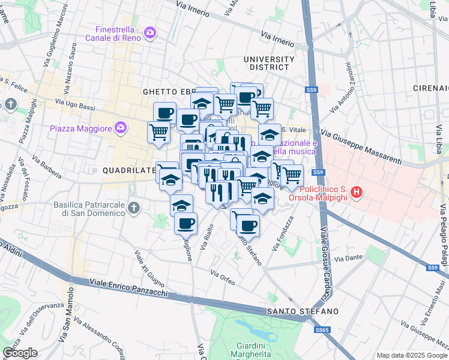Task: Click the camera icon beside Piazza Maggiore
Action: (x=121, y=127)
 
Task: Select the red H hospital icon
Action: (x=357, y=193)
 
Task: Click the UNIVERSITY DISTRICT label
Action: (x=269, y=64)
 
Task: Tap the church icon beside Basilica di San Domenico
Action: (x=133, y=208)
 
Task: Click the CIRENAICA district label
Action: (x=430, y=88)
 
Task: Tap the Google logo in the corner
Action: (x=20, y=353)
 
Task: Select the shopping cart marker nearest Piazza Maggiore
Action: (x=158, y=131)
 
